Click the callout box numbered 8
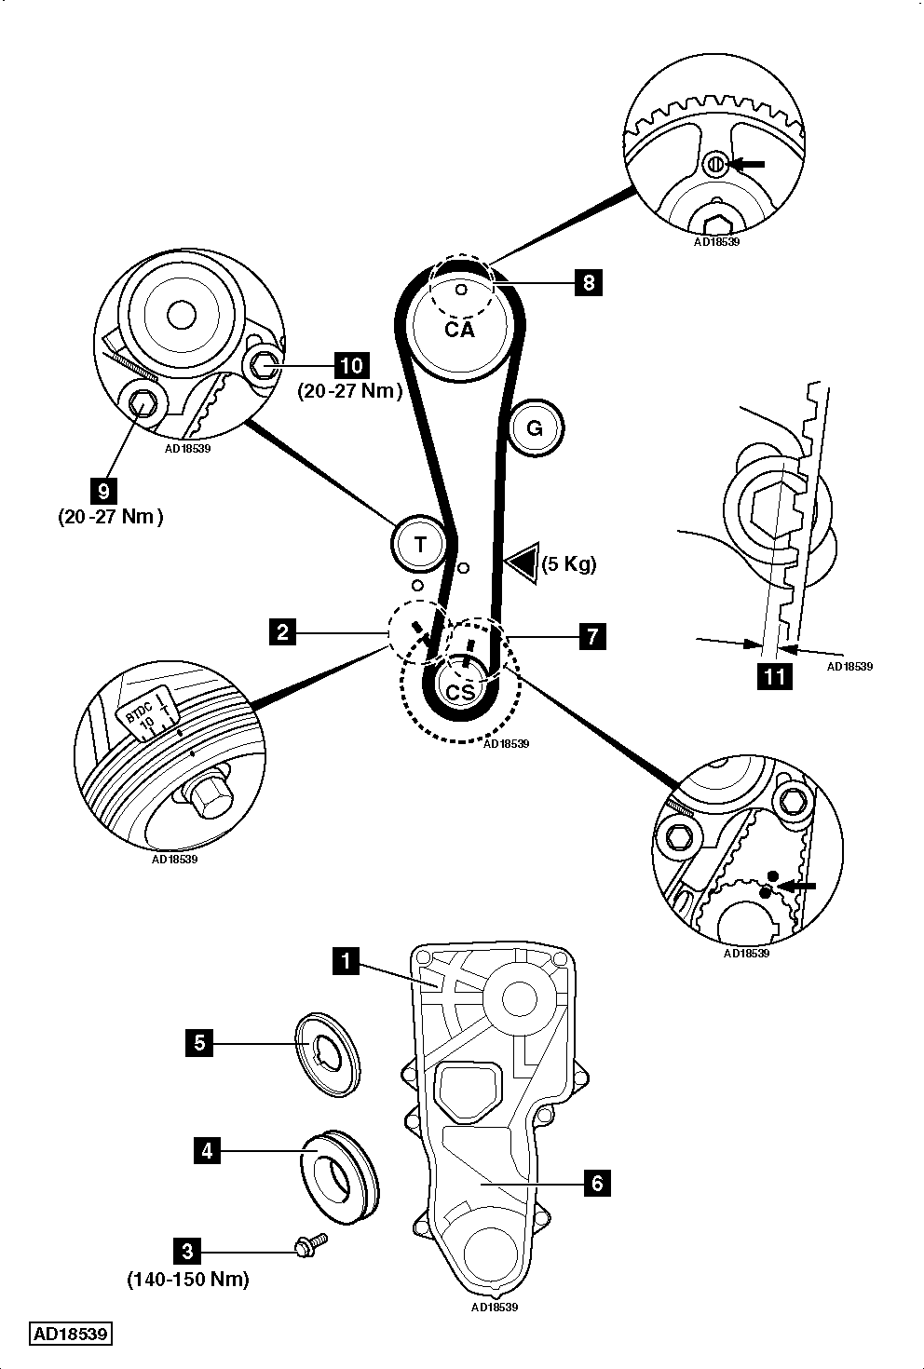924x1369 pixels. [x=588, y=282]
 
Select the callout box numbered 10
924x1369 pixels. [x=351, y=365]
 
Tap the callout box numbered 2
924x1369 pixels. [x=282, y=631]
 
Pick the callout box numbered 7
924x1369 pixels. [x=592, y=636]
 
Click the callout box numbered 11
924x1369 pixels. [x=774, y=676]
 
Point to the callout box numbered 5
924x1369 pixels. [x=199, y=1043]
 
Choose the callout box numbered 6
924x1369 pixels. [x=597, y=1183]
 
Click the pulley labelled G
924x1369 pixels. [x=535, y=428]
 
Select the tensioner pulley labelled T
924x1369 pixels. [x=420, y=543]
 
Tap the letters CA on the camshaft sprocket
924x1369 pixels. [x=459, y=330]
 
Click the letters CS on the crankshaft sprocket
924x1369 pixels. [x=460, y=692]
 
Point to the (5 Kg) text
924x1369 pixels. [x=569, y=563]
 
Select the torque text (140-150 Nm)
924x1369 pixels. [x=188, y=1278]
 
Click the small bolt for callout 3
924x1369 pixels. [x=311, y=1244]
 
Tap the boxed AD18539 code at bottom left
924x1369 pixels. [x=71, y=1333]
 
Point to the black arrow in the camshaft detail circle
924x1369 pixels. [x=747, y=164]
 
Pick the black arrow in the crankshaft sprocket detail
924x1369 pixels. [x=796, y=886]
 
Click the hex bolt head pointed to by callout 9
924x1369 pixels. [x=143, y=404]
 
